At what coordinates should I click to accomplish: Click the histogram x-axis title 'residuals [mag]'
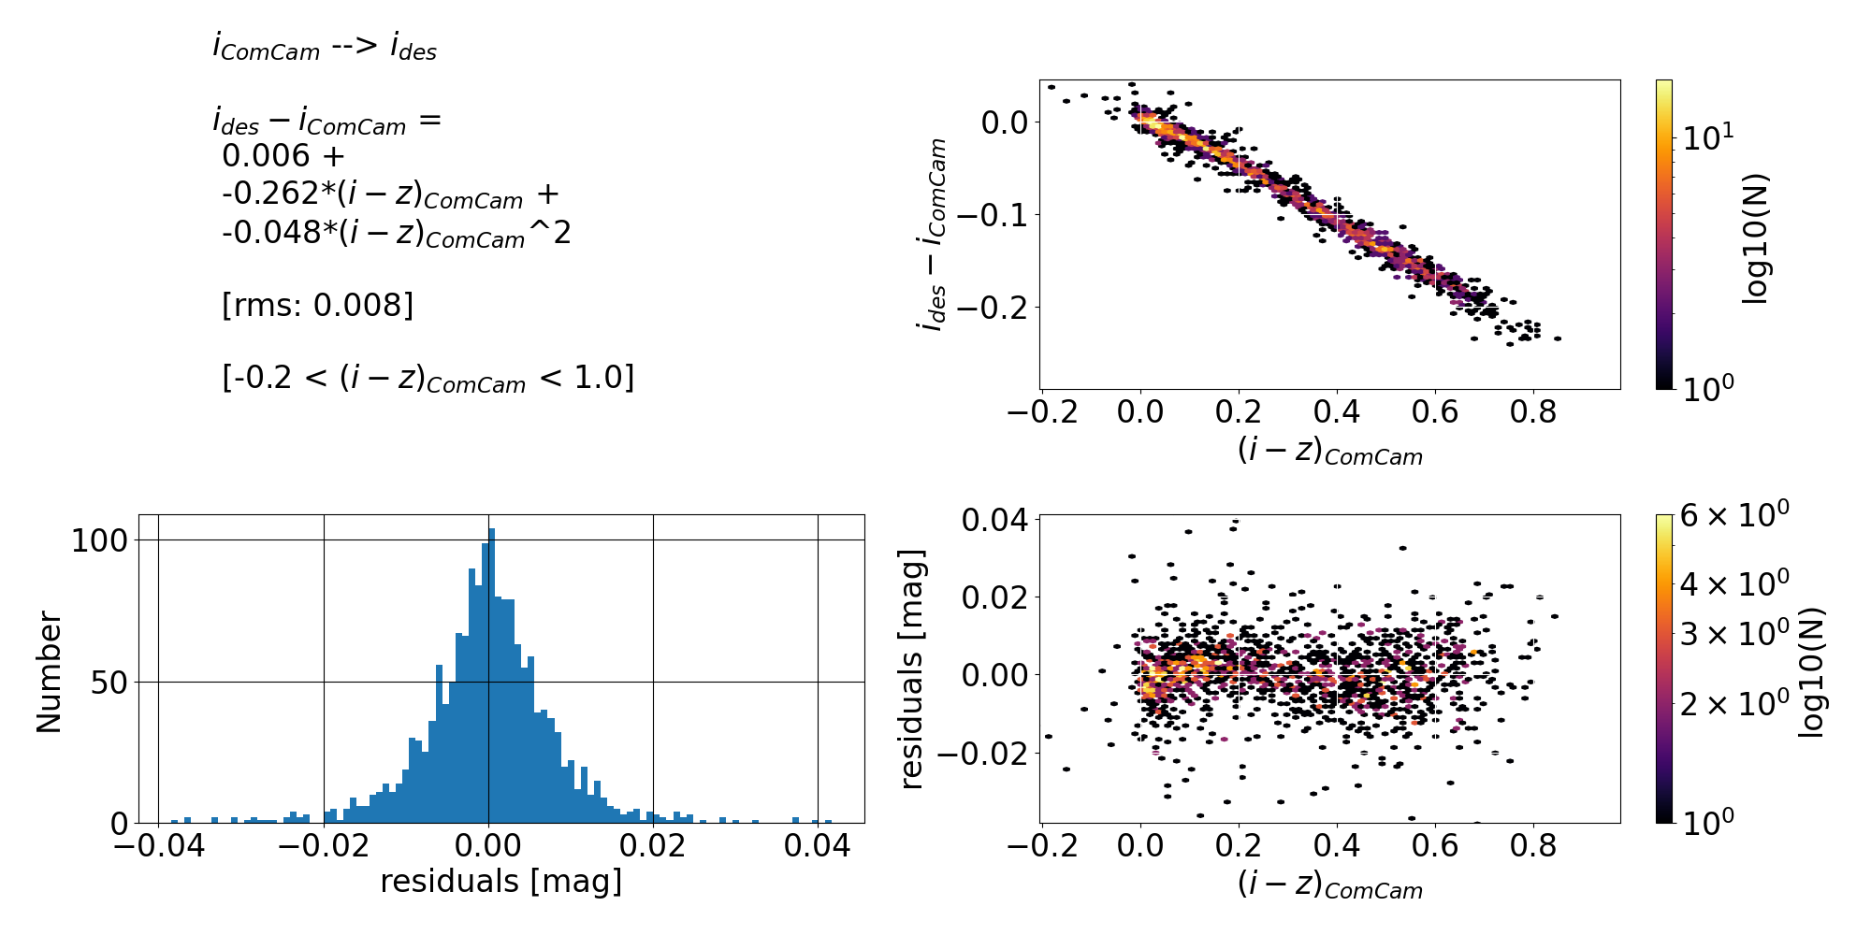coord(500,882)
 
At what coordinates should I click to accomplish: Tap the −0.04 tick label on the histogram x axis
coord(157,847)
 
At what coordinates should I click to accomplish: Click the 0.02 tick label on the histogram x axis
coord(653,847)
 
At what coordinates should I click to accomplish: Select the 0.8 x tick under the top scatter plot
coord(1534,411)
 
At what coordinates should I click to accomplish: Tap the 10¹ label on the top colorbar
coord(1708,137)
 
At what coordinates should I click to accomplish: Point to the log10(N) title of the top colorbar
coord(1757,238)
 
